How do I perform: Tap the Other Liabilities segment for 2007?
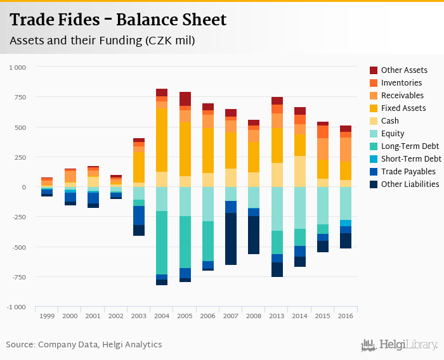[x=231, y=238]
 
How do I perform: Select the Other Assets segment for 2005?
[x=185, y=99]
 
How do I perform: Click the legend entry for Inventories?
[x=401, y=83]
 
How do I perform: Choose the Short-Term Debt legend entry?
[x=410, y=159]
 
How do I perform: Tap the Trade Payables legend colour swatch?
[x=374, y=172]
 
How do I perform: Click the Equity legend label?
[x=392, y=134]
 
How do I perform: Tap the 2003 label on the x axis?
[x=138, y=316]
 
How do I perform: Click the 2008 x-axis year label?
[x=254, y=316]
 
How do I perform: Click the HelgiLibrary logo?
[x=400, y=345]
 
